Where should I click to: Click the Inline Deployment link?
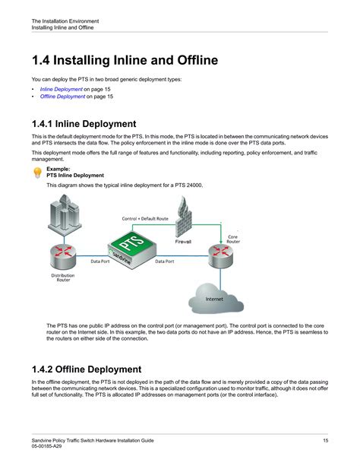tap(62, 89)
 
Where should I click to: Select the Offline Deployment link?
tap(63, 97)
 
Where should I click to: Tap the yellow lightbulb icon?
tap(38, 173)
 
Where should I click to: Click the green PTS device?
tap(132, 249)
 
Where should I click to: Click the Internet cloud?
tap(216, 299)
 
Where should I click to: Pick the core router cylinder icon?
tap(221, 255)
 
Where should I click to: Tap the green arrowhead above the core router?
tap(221, 241)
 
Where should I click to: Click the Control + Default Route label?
tap(145, 219)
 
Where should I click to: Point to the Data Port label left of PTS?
tap(100, 262)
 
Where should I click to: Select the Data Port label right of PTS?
tap(165, 262)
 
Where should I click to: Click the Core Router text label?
tap(233, 239)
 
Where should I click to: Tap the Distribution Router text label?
tap(63, 277)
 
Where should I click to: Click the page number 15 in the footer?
tap(326, 440)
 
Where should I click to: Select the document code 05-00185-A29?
tap(46, 446)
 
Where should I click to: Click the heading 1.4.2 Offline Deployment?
tap(87, 369)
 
